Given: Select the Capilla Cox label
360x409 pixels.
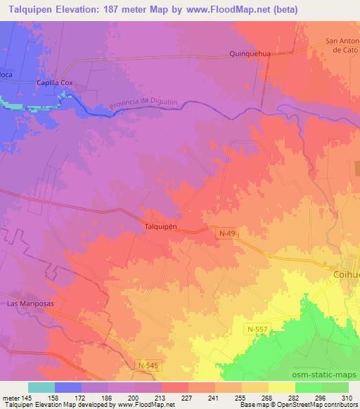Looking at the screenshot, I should [55, 83].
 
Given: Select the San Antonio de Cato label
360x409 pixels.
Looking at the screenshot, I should [343, 46].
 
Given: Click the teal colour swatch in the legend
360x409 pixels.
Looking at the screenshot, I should [41, 387].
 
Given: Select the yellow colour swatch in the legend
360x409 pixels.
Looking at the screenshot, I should [281, 387].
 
